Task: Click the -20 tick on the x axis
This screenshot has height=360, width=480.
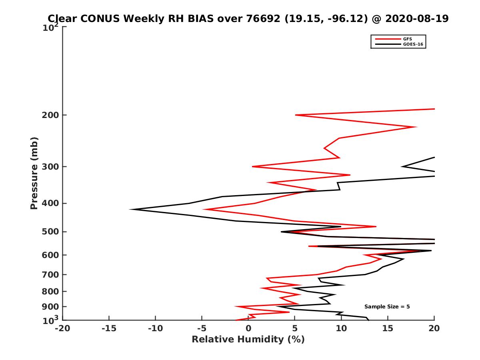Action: (62, 328)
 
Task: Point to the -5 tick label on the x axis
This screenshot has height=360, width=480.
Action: (202, 328)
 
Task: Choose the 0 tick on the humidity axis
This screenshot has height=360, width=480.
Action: (248, 328)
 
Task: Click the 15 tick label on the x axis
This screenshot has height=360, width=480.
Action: (388, 328)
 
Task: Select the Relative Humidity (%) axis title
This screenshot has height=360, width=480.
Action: (248, 340)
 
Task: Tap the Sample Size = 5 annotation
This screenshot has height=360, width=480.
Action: (387, 307)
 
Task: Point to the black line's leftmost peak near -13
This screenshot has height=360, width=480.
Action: (130, 209)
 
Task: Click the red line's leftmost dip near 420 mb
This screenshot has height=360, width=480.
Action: (204, 209)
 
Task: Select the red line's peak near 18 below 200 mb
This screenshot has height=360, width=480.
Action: (416, 127)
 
